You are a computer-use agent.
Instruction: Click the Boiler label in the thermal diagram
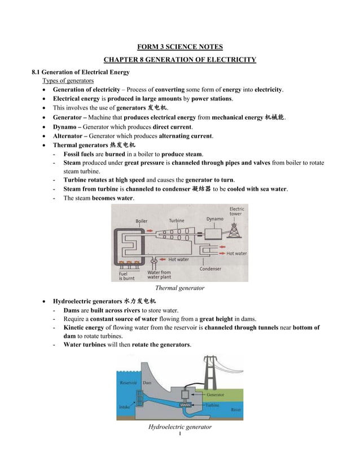point(142,221)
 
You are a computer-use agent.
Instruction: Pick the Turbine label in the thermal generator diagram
point(177,221)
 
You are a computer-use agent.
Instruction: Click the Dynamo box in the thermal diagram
point(214,234)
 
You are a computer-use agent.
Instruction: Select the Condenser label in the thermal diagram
point(210,269)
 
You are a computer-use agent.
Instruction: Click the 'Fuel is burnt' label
point(127,275)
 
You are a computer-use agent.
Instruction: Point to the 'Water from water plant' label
point(159,275)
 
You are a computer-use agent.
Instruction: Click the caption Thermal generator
point(179,288)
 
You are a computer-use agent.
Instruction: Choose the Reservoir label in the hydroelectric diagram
point(128,383)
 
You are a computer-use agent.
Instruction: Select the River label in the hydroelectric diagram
point(236,410)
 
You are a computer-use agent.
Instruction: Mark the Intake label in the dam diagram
point(125,406)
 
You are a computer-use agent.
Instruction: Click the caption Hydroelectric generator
point(179,427)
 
